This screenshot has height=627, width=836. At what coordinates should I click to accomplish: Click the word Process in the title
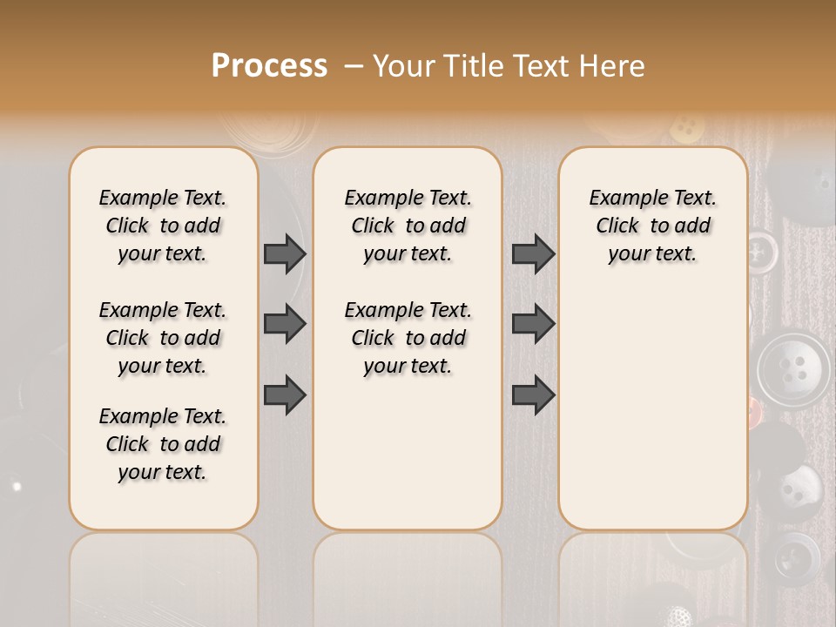[x=269, y=66]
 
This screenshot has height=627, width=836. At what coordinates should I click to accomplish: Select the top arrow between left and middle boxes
[x=285, y=253]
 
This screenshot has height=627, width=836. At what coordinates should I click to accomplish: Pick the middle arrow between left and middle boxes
[x=285, y=324]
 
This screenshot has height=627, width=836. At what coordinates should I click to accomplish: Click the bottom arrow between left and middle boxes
[x=285, y=394]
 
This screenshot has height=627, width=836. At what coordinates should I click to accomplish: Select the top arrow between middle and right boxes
[x=533, y=253]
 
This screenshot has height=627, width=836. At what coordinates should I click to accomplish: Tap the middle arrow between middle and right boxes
[x=533, y=324]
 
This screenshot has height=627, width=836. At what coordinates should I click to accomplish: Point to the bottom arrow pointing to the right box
[x=533, y=394]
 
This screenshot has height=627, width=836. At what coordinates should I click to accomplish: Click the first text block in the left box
[x=163, y=226]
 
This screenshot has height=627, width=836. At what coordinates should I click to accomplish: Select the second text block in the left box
[x=163, y=338]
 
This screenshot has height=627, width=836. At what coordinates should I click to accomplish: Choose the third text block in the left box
[x=163, y=444]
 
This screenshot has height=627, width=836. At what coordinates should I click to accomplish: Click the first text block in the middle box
[x=408, y=226]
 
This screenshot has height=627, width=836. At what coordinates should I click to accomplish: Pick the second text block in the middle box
[x=408, y=338]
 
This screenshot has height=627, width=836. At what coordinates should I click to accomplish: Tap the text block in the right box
[x=652, y=226]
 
